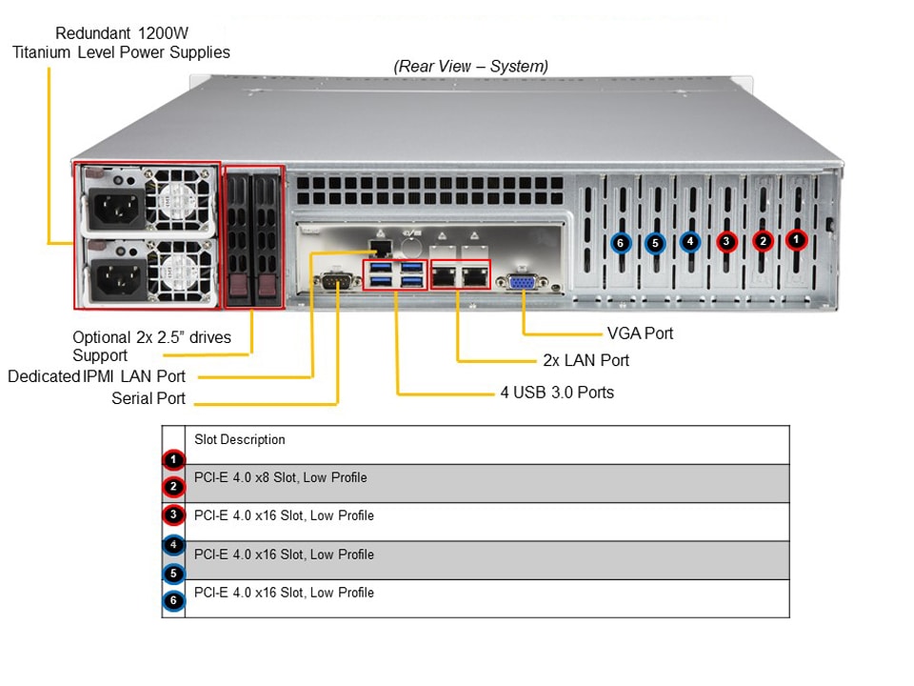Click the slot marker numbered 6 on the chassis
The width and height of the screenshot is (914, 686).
click(x=620, y=243)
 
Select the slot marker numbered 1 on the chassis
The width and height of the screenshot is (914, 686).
click(x=797, y=241)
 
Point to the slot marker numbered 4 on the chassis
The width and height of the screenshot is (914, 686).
click(x=690, y=242)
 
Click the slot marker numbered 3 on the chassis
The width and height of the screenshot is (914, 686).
click(x=726, y=242)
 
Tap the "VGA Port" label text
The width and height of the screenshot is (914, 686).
click(x=640, y=333)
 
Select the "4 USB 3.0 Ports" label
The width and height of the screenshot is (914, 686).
click(x=557, y=392)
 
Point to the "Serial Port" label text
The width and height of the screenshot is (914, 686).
click(x=149, y=398)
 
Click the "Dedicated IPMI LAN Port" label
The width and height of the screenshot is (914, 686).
click(x=97, y=376)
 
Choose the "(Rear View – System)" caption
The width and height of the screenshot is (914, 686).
click(x=470, y=66)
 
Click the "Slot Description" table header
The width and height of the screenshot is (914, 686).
click(x=240, y=439)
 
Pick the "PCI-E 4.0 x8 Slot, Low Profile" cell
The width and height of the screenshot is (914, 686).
click(x=280, y=477)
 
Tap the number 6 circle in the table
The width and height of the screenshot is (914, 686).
click(x=172, y=601)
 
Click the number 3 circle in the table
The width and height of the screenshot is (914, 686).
click(x=172, y=515)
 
